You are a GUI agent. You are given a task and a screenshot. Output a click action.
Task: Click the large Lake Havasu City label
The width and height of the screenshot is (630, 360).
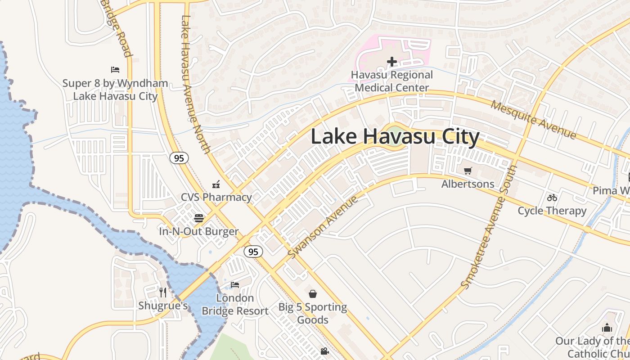(395, 137)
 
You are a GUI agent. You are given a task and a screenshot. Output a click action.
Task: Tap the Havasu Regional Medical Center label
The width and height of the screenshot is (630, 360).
(392, 81)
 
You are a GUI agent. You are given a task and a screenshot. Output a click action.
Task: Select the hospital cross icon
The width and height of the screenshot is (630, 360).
(392, 62)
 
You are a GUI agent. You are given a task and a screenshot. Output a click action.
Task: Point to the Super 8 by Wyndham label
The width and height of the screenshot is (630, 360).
(115, 90)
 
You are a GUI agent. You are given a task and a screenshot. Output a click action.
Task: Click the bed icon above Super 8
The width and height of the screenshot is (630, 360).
(115, 70)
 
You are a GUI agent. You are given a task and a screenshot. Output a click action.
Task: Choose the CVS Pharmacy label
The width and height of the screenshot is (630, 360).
(216, 197)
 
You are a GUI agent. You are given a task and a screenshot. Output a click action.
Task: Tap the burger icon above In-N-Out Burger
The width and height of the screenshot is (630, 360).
(199, 218)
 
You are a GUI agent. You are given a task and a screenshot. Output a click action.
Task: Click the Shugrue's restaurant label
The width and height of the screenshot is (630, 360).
(163, 306)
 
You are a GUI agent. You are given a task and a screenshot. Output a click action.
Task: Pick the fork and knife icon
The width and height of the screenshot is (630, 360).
(163, 292)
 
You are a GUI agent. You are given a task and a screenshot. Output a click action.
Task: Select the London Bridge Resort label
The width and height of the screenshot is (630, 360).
(235, 305)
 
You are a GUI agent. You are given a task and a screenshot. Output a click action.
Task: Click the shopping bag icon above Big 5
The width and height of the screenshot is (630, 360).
(313, 294)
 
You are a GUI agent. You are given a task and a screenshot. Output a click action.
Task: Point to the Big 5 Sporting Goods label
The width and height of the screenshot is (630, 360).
(313, 314)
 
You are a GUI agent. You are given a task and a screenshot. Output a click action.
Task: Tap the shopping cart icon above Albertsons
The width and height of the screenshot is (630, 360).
(468, 171)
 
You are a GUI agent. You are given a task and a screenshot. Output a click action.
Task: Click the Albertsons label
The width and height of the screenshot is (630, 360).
(468, 184)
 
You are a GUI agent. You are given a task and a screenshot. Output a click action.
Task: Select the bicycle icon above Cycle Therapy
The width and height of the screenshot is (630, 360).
(552, 198)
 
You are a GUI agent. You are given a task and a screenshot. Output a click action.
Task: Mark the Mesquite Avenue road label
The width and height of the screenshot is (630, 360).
(533, 120)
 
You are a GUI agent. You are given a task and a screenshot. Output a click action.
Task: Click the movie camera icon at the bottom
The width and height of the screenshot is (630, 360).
(324, 351)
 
